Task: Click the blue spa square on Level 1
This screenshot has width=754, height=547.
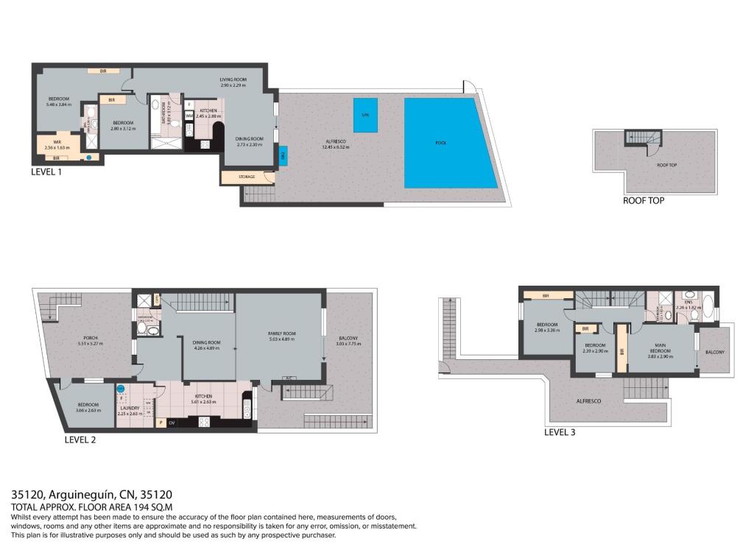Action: (365, 116)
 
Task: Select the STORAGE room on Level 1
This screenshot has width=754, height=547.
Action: (247, 177)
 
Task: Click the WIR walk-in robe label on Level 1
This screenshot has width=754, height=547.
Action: (57, 141)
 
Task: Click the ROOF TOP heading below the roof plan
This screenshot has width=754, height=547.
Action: (644, 200)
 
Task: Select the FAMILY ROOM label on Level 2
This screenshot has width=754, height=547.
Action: (281, 334)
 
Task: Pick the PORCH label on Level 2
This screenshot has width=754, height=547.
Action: (88, 338)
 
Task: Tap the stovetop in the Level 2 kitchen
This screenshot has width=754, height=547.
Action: (204, 422)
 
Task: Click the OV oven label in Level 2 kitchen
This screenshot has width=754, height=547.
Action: (172, 423)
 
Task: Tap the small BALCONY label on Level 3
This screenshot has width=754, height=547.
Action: (714, 352)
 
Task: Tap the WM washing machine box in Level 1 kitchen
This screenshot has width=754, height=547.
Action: (189, 116)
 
